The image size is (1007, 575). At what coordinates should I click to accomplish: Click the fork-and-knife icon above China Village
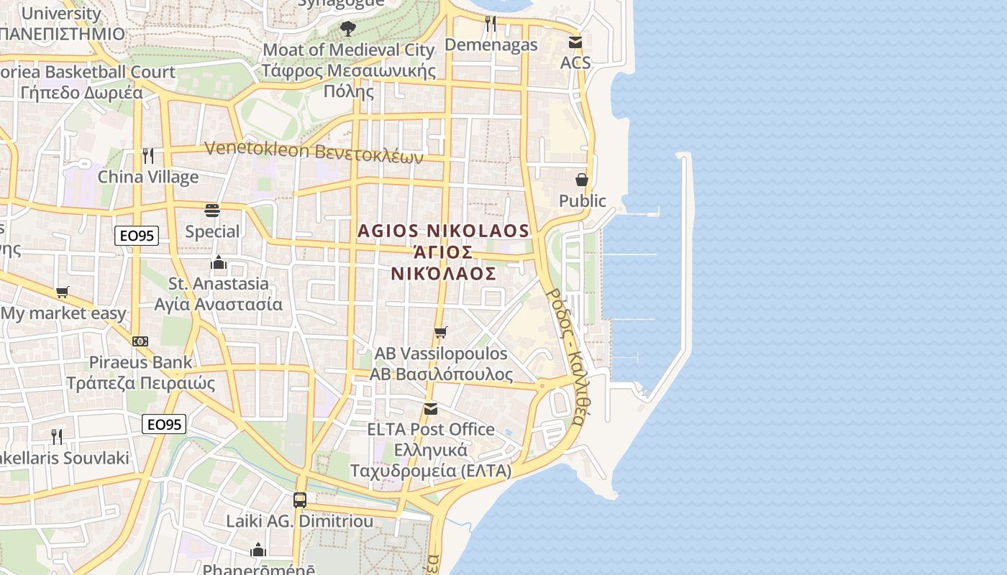[148, 155]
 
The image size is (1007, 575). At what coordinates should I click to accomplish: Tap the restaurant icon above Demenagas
[491, 24]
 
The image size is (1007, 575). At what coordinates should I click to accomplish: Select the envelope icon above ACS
[575, 42]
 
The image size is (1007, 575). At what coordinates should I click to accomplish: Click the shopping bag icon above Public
[582, 179]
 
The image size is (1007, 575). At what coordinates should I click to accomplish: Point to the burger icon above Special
[212, 210]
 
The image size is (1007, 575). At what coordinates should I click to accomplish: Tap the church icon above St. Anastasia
[219, 262]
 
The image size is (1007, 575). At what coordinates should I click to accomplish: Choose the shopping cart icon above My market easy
[63, 292]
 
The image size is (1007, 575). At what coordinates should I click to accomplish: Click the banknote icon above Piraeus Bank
[140, 341]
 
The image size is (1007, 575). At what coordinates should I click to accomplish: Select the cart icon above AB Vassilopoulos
[441, 332]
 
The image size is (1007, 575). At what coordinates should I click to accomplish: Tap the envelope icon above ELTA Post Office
[430, 408]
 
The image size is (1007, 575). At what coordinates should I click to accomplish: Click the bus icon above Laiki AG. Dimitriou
[300, 500]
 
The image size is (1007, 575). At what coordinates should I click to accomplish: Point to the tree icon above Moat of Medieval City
[348, 29]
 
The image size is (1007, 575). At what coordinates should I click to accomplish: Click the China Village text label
[148, 177]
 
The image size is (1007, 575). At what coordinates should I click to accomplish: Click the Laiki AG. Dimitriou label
[300, 521]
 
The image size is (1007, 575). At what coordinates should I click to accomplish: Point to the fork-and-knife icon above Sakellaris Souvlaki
[56, 436]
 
